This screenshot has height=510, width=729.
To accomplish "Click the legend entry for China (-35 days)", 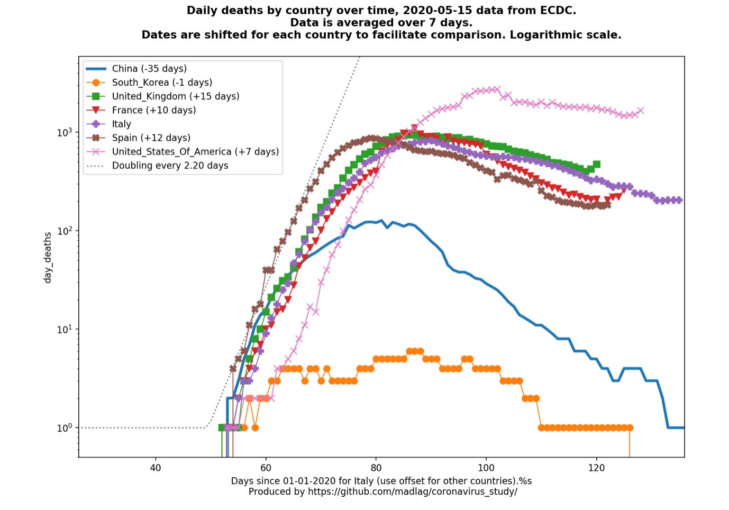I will (149, 69).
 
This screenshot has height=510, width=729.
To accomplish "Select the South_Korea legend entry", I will (162, 83).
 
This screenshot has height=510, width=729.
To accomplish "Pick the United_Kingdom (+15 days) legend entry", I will (176, 96).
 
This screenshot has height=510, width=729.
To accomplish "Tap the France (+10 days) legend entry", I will (154, 110).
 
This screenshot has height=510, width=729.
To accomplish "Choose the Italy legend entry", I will (121, 124).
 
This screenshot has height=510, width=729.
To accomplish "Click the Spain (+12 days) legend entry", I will (151, 138).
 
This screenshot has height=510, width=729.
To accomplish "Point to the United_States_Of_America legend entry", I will (195, 151).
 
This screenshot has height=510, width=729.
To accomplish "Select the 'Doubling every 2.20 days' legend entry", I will (170, 165).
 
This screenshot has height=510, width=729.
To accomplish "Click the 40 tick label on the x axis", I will (156, 468).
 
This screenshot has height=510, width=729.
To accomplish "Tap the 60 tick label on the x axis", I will (266, 468).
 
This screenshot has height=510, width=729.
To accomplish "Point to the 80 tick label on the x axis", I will (376, 468).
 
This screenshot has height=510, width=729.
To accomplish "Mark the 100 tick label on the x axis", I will (486, 468).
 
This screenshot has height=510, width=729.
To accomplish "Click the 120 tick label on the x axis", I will (596, 468).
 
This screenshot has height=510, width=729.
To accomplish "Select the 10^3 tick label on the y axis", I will (65, 132).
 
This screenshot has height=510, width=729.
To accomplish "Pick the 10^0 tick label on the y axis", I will (65, 427).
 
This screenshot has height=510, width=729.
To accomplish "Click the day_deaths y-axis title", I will (48, 257).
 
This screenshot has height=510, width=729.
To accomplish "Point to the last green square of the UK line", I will (597, 164).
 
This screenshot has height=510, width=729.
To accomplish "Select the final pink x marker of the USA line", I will (641, 111).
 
